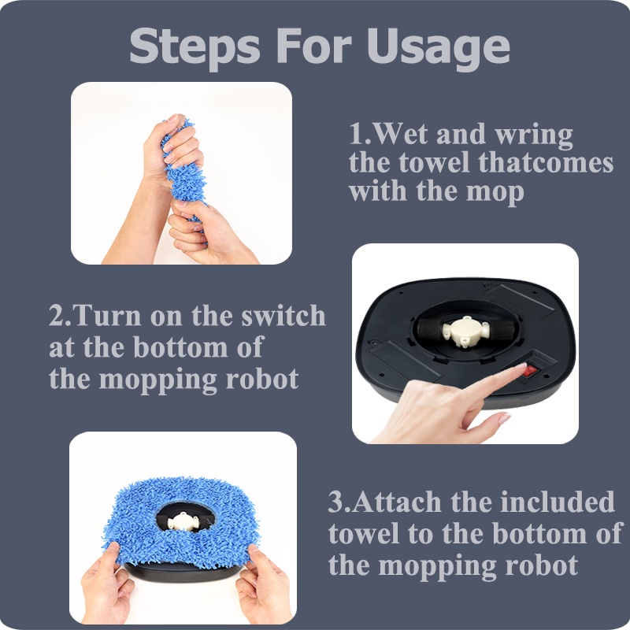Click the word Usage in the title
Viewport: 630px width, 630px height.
tap(439, 48)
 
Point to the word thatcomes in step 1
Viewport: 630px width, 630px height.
tap(546, 163)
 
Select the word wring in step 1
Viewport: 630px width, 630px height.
tap(534, 135)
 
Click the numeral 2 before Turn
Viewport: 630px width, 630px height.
tap(57, 316)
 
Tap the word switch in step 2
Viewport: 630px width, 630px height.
tap(283, 316)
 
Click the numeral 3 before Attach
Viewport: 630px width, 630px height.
tap(335, 502)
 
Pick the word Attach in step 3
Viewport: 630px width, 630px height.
tap(397, 502)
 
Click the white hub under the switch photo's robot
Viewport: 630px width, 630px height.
tap(466, 331)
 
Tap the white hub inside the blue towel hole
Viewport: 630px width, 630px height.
tap(183, 521)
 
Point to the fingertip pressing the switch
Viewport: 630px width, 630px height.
tap(521, 366)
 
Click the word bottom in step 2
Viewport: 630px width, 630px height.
tap(180, 346)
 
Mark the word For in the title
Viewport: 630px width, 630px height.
tap(314, 44)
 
